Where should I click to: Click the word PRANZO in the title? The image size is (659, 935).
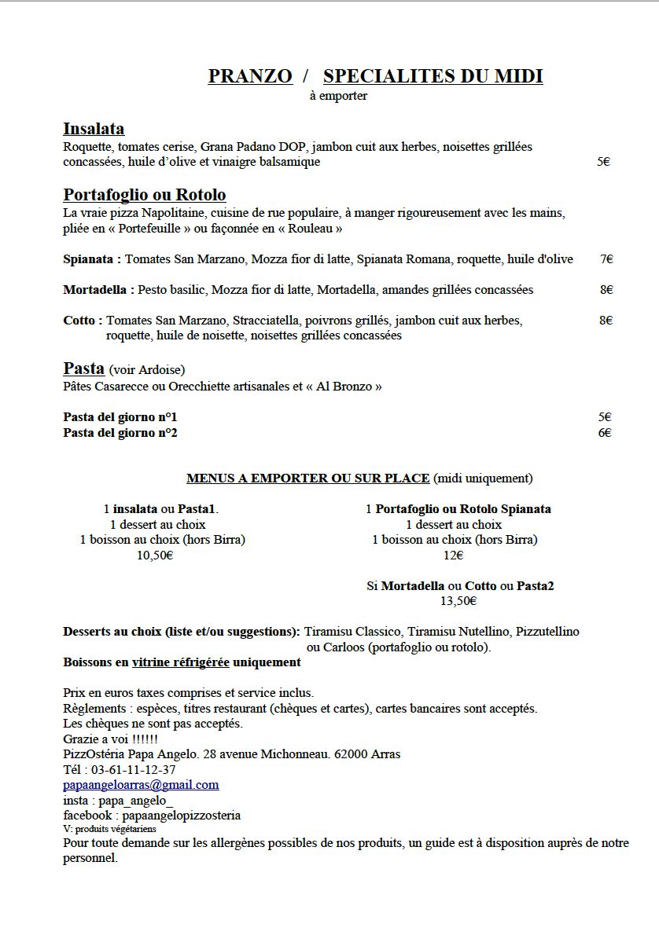[250, 76]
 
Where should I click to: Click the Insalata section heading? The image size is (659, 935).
[94, 129]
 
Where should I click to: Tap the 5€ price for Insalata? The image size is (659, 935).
[603, 162]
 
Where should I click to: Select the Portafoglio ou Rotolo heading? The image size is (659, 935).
[145, 195]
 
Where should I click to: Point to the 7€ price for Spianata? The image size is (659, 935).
[606, 259]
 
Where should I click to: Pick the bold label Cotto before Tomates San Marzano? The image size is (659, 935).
[81, 321]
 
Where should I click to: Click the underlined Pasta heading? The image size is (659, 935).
[83, 368]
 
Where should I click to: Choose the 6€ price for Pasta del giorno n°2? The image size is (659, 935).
[605, 432]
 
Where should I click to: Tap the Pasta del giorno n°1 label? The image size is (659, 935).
[120, 417]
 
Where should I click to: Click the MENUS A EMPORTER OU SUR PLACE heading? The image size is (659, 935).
[308, 478]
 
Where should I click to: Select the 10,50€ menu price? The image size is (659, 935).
[155, 555]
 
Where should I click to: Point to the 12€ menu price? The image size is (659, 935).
[454, 555]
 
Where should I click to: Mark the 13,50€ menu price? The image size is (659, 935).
[458, 601]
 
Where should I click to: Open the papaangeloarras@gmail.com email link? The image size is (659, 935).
[141, 785]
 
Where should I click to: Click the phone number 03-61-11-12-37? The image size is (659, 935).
[134, 769]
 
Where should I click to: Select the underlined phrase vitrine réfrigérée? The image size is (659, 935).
[180, 662]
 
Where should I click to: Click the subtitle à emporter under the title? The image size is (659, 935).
[338, 97]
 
